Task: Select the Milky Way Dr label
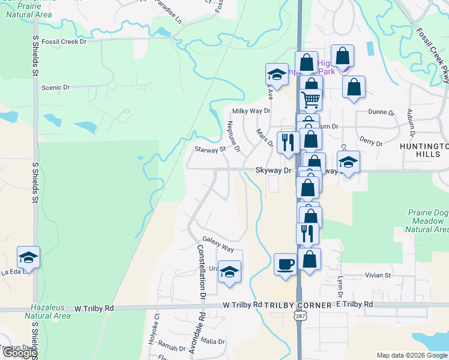252,111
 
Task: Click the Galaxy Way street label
217,244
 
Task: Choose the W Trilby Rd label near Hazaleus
94,308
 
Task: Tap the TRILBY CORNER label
298,305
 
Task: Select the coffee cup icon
285,264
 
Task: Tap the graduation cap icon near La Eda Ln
28,257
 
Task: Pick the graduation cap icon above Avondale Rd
229,272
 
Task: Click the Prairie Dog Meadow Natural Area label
427,221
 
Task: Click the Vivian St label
378,275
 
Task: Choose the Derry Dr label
371,142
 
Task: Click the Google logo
19,353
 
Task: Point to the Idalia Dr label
213,341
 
